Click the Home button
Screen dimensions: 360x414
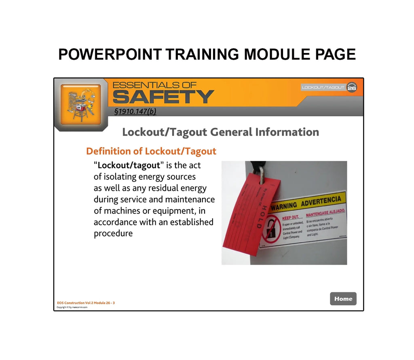click(x=343, y=299)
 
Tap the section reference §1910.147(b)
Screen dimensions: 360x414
click(x=135, y=112)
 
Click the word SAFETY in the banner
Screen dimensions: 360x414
click(x=163, y=97)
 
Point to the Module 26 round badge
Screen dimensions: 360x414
click(x=352, y=87)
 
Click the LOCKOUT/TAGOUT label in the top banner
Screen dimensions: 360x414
click(x=323, y=87)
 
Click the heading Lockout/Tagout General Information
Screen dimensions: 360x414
click(x=220, y=132)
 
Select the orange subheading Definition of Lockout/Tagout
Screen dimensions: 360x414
click(x=151, y=151)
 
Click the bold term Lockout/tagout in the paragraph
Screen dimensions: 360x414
click(x=129, y=165)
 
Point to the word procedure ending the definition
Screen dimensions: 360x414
click(x=113, y=233)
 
